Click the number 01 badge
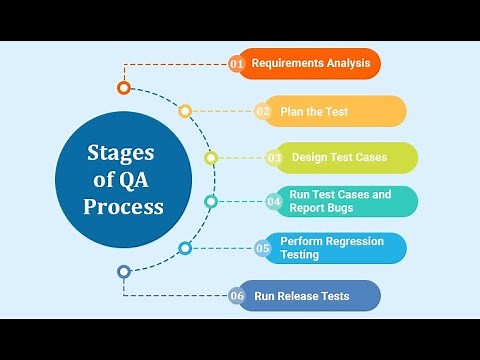coord(237,64)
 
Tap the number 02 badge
coord(263,112)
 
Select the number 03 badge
coord(274,158)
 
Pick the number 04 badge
coord(274,202)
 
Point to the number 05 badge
coord(263,248)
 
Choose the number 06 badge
coord(237,296)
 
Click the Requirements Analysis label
coord(311,63)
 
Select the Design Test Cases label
coord(339,157)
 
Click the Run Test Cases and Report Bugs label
coord(340,201)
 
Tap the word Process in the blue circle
coord(123,208)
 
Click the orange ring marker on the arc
coord(124,88)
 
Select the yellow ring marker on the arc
coord(185,112)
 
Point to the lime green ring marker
coord(211,158)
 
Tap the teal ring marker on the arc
coord(211,202)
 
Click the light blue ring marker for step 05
coord(185,248)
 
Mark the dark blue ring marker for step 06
coord(124,271)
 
